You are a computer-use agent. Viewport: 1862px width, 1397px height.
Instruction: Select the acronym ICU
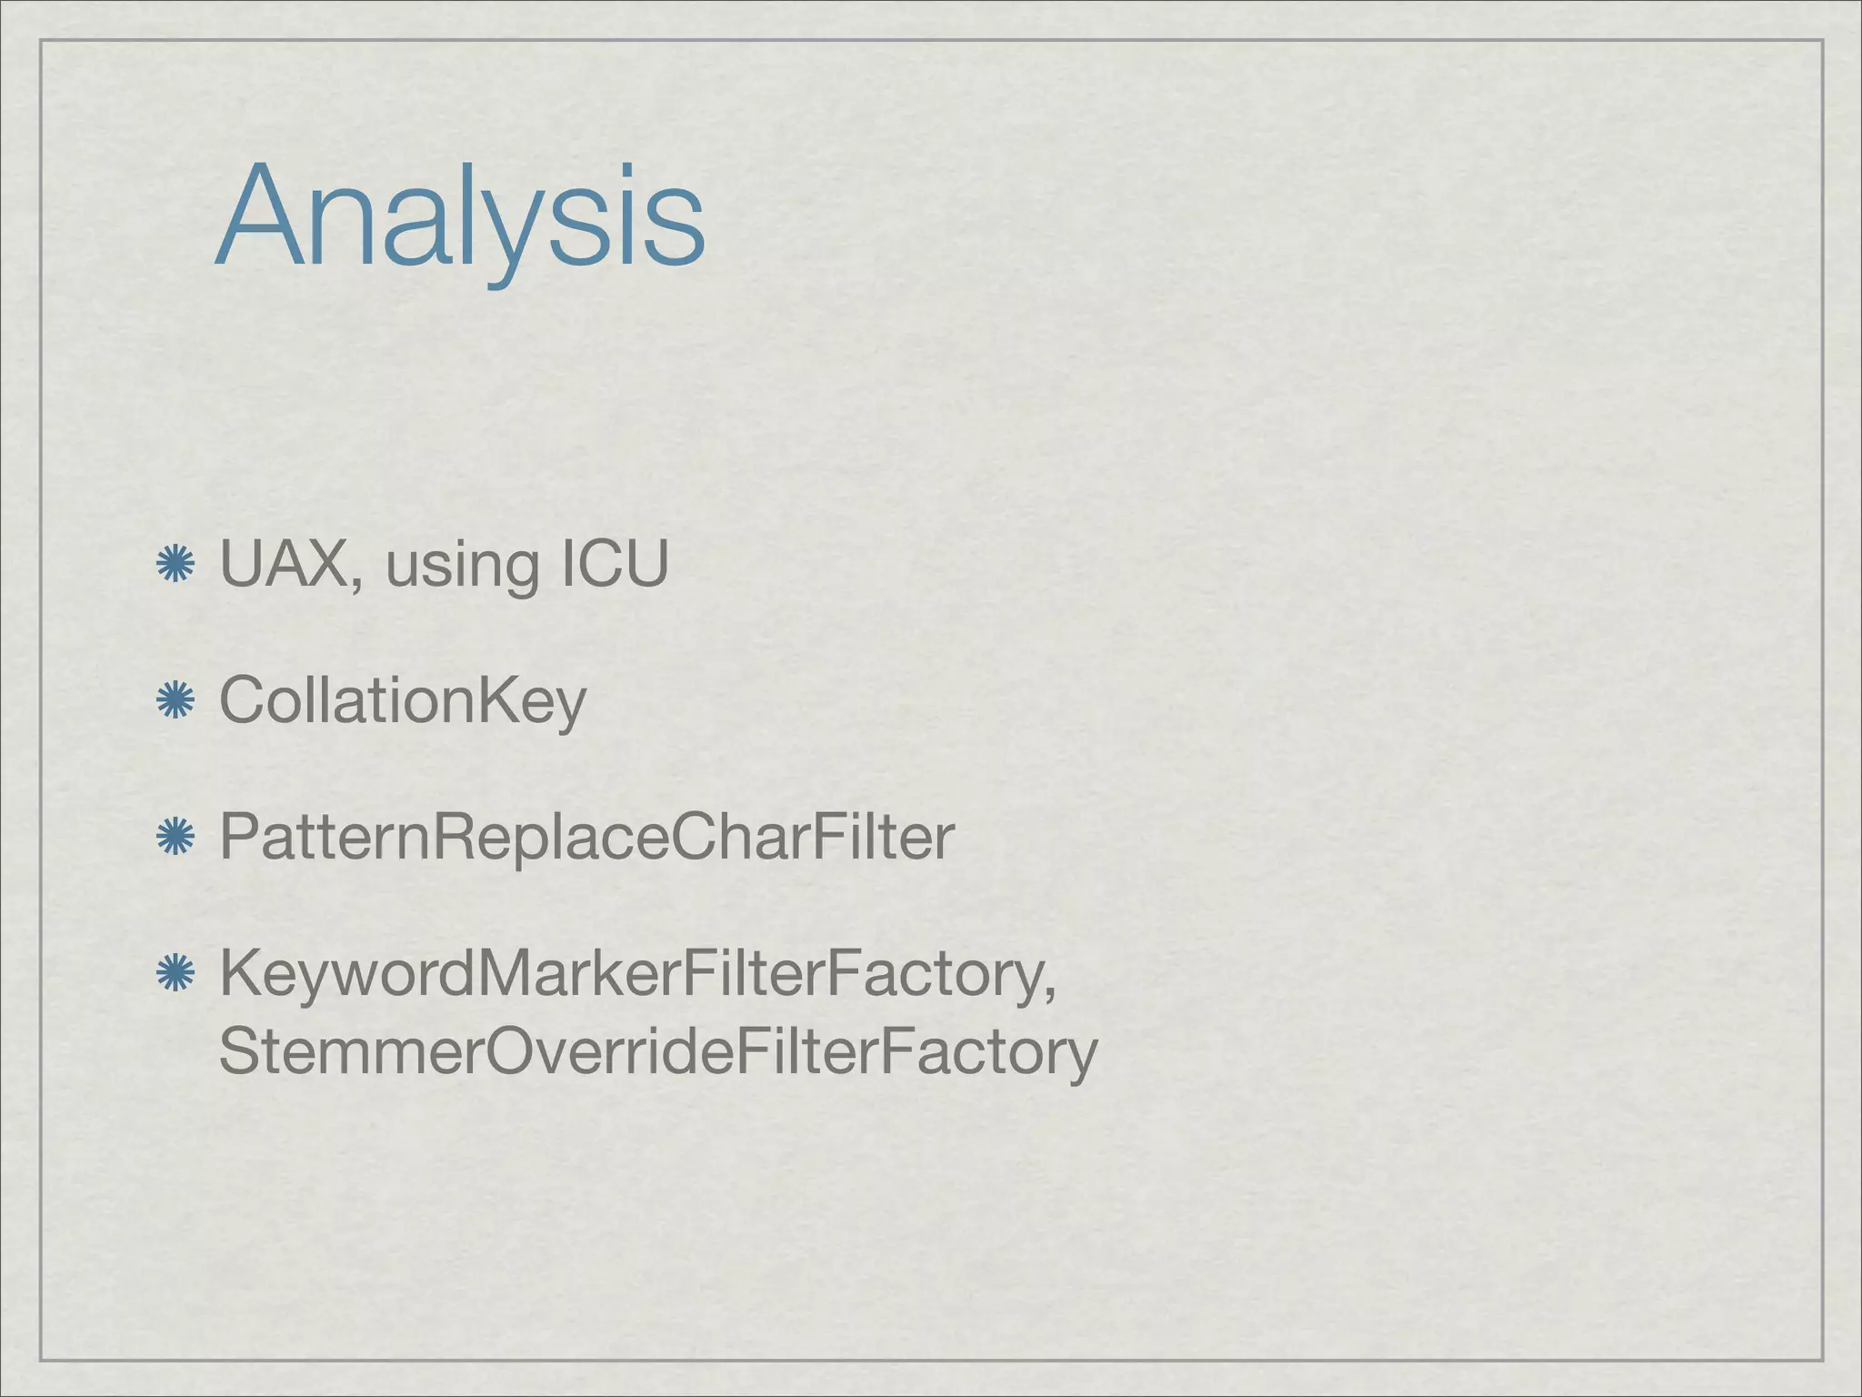tap(616, 564)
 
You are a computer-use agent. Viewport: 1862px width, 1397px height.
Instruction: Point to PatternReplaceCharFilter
tap(586, 837)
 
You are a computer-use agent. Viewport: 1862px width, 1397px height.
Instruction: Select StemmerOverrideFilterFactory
tap(658, 1051)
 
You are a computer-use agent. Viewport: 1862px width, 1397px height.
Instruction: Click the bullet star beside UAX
tap(175, 565)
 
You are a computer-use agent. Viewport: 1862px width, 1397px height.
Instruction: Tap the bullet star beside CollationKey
tap(175, 701)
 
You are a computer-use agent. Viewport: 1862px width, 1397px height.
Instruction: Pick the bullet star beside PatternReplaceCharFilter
tap(175, 838)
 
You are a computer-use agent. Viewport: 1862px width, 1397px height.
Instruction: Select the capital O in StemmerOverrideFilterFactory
tap(516, 1051)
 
